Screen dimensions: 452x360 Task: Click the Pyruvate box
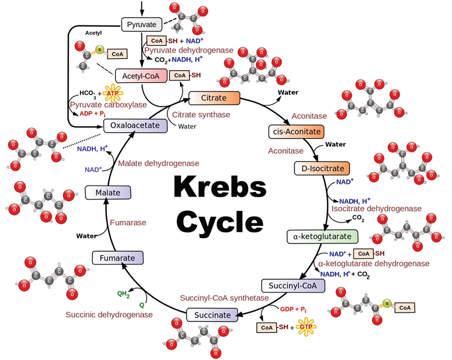(141, 24)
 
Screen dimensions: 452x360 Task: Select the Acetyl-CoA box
(141, 76)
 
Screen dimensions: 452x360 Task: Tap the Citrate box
(214, 98)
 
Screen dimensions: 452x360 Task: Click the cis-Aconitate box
(297, 132)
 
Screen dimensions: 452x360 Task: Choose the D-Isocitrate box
(322, 168)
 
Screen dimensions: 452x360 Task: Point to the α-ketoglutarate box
(322, 237)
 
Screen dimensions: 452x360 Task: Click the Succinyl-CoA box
(293, 285)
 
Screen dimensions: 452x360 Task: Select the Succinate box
(212, 315)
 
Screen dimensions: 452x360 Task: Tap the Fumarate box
(118, 258)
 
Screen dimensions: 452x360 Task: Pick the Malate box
(108, 192)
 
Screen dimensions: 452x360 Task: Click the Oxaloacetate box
(135, 125)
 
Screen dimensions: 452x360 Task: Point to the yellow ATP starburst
(113, 93)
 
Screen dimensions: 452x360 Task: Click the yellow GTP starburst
(306, 327)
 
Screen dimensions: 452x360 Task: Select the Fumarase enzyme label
(128, 223)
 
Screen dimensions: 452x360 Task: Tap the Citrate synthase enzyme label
(201, 115)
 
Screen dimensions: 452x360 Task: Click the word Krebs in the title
(220, 186)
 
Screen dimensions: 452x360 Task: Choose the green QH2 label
(123, 294)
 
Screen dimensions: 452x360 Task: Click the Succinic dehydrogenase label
(109, 314)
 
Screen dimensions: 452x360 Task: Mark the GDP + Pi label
(293, 309)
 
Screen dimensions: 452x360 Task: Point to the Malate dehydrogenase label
(159, 164)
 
